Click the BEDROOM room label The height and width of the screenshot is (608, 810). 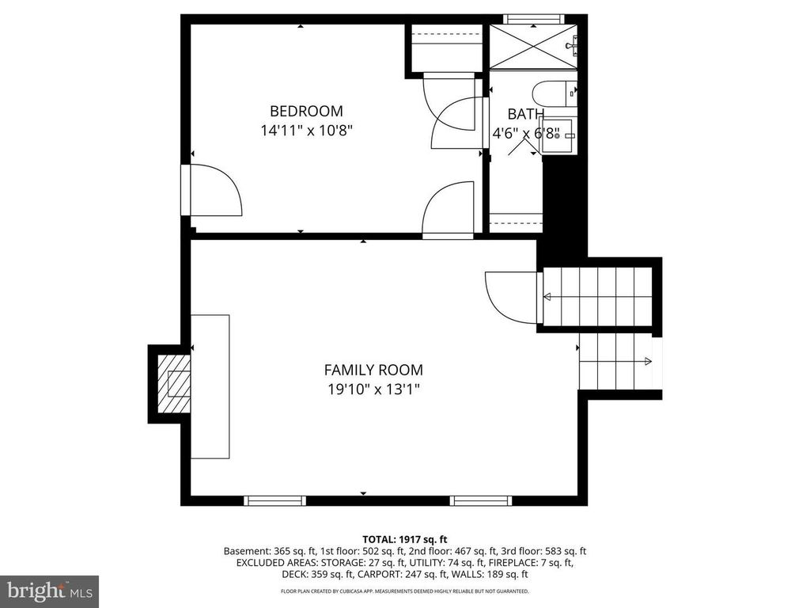[x=306, y=111]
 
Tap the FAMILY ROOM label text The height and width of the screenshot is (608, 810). [x=373, y=370]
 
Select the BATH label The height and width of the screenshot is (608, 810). [x=525, y=114]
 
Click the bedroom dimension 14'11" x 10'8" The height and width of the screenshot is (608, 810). [x=306, y=131]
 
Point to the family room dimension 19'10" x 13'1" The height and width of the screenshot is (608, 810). [x=373, y=389]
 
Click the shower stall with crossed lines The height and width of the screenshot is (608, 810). [x=533, y=46]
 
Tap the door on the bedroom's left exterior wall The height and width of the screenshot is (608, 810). [x=210, y=190]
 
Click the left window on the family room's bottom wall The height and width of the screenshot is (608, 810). [x=274, y=500]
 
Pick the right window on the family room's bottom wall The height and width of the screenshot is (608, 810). [x=480, y=500]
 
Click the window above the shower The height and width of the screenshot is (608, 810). [x=533, y=19]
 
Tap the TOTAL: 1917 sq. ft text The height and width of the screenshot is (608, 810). [x=404, y=540]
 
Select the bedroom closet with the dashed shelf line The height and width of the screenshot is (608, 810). [x=446, y=47]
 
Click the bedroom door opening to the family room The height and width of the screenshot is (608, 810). [x=449, y=209]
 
